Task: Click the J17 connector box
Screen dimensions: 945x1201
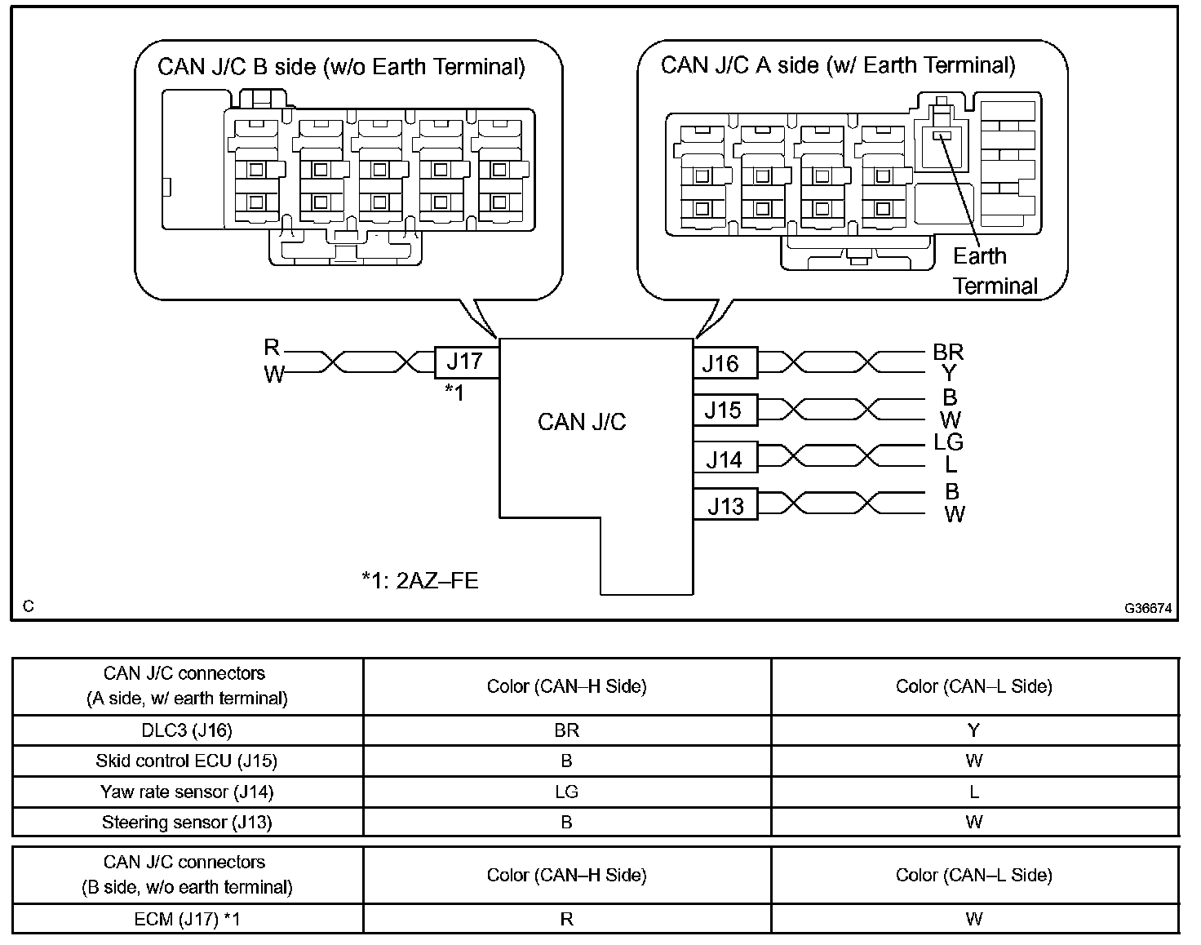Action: pos(466,361)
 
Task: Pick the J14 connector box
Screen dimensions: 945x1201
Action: pos(725,459)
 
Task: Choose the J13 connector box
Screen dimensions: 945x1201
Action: pos(725,506)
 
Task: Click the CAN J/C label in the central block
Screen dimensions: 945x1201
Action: pos(582,422)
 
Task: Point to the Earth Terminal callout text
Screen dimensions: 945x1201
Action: pos(994,271)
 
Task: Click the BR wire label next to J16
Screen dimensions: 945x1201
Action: pos(948,352)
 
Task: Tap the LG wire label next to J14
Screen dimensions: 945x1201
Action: pos(948,442)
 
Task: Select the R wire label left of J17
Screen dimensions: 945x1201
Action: pos(272,348)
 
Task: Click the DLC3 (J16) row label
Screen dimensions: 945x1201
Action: pos(187,730)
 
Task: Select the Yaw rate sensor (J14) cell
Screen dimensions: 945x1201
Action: pos(187,792)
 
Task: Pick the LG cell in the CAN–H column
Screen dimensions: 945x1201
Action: pos(566,792)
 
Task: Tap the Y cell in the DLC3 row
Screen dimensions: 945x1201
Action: pos(973,730)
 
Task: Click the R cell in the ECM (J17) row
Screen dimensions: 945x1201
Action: pos(566,919)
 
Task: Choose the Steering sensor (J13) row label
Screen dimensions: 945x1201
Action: pos(187,823)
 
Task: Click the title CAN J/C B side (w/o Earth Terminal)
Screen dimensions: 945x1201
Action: pos(341,66)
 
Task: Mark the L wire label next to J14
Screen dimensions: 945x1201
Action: pos(951,465)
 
